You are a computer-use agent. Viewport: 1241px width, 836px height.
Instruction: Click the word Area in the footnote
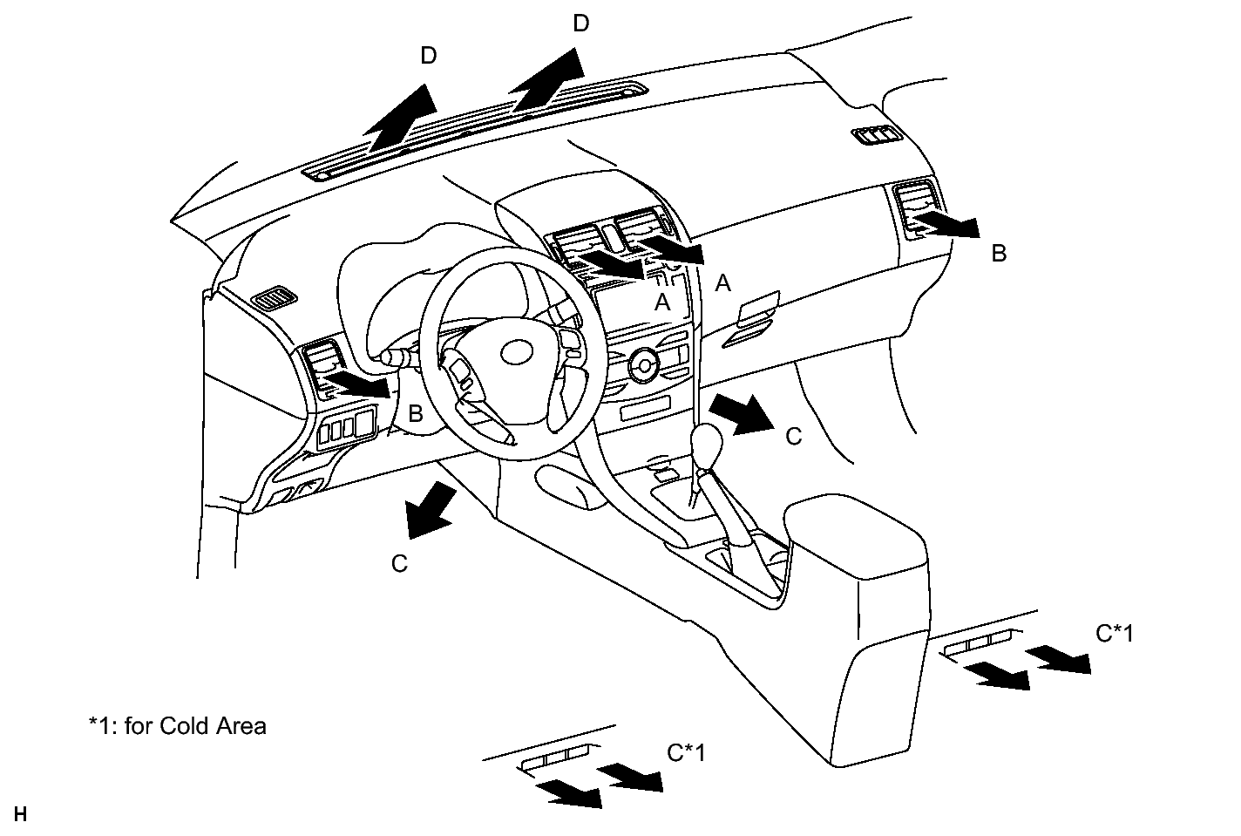(245, 725)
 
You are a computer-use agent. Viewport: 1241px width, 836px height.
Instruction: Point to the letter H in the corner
(21, 815)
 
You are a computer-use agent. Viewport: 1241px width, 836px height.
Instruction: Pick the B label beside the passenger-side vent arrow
(999, 254)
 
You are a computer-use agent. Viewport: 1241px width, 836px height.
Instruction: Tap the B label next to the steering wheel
(416, 414)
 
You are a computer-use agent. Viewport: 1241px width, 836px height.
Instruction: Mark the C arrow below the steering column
(430, 513)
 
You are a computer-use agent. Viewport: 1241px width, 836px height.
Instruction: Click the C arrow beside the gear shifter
(741, 413)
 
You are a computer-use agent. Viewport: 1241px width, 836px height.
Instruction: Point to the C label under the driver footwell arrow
(399, 565)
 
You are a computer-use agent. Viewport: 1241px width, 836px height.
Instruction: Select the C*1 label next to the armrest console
(1115, 634)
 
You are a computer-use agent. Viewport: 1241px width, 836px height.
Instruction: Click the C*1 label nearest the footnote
(686, 751)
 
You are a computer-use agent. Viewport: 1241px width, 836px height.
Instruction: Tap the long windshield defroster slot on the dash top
(475, 131)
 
